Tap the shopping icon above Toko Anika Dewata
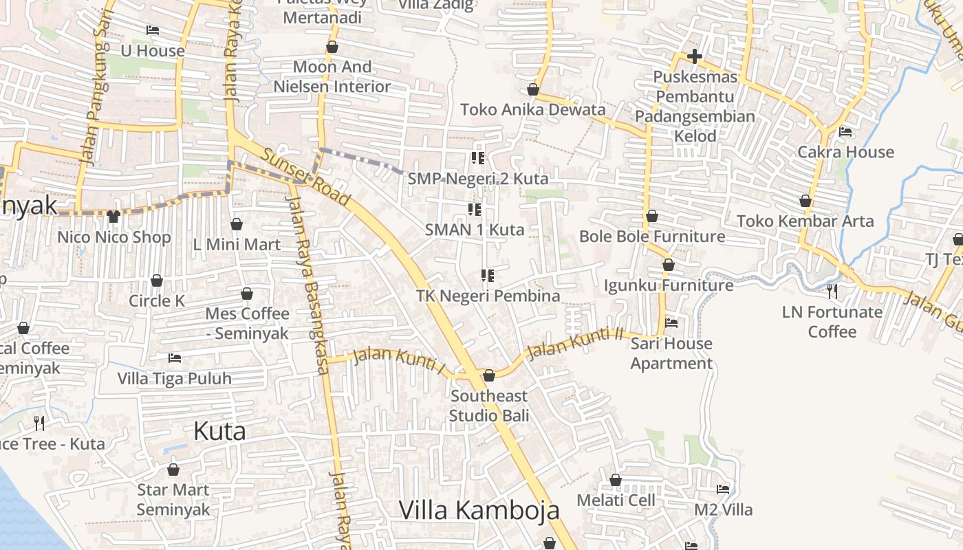(532, 89)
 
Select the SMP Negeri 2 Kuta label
(478, 179)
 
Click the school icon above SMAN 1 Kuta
(474, 209)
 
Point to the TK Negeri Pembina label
(488, 296)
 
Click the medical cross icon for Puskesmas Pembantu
(695, 56)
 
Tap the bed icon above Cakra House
(845, 131)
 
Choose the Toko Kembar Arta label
(805, 221)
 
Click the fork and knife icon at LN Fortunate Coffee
(832, 291)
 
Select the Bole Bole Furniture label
(651, 236)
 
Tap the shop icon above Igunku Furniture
(668, 265)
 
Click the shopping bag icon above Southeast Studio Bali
(488, 375)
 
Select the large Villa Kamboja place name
(479, 510)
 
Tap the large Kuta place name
(219, 431)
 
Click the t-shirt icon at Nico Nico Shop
(113, 217)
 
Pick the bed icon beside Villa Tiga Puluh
(175, 358)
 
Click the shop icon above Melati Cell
(616, 480)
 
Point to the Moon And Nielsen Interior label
(332, 76)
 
